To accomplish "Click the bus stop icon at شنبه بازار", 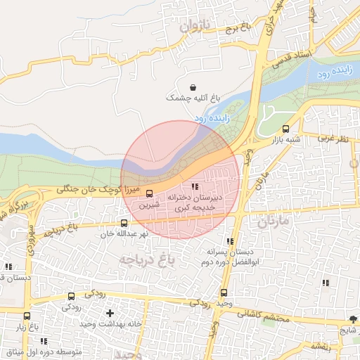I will point(285,129).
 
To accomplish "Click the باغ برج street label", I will point(238,30).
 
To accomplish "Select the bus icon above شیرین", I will point(148,193).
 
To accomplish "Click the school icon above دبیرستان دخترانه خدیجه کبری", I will point(195,187).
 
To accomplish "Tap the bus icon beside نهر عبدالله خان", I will point(124,224).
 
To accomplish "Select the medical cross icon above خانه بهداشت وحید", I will point(110,313).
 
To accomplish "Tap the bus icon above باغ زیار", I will point(27,316).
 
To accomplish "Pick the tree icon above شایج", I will point(353,319).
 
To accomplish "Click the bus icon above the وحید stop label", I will point(224,292).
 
